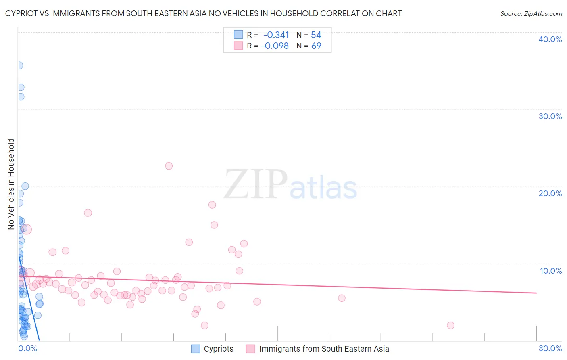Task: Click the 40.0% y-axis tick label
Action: pos(550,39)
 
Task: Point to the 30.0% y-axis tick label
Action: pos(550,116)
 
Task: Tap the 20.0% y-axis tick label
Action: pos(550,193)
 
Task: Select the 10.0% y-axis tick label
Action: pos(550,271)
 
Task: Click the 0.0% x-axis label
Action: pos(27,348)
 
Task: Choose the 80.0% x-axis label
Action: pos(550,348)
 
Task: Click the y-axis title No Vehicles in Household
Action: pos(11,184)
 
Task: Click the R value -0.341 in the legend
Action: pos(276,35)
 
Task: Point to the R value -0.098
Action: pos(275,46)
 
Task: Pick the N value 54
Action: pos(316,35)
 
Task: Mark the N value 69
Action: pos(316,46)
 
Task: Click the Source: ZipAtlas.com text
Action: pos(531,14)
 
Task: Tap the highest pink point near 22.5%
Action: pos(169,166)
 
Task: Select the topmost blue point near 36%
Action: pos(19,65)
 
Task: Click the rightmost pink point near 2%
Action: pos(450,325)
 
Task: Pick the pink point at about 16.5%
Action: pos(88,213)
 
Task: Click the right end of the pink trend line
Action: pos(536,293)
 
